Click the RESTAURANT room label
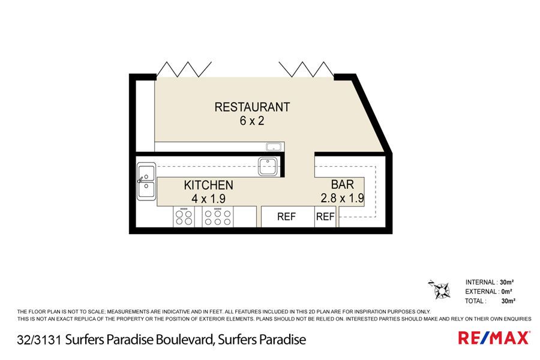click(x=252, y=107)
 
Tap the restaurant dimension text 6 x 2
click(x=252, y=121)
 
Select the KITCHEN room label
click(x=208, y=185)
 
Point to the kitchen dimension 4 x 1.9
click(x=208, y=199)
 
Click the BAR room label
click(x=343, y=185)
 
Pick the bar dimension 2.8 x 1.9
click(x=343, y=198)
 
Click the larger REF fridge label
click(x=287, y=217)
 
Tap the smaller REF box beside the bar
click(x=325, y=217)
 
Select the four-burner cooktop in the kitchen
click(x=184, y=217)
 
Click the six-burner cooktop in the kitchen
click(x=218, y=217)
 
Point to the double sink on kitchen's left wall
click(x=146, y=182)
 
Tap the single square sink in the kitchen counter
click(x=268, y=166)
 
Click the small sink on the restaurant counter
click(x=274, y=147)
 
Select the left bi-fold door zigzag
click(x=184, y=69)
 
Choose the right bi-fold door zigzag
click(x=306, y=69)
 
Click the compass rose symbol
click(x=441, y=289)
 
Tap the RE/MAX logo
click(x=494, y=338)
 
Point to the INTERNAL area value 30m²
click(x=507, y=283)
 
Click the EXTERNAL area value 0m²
click(x=506, y=292)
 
